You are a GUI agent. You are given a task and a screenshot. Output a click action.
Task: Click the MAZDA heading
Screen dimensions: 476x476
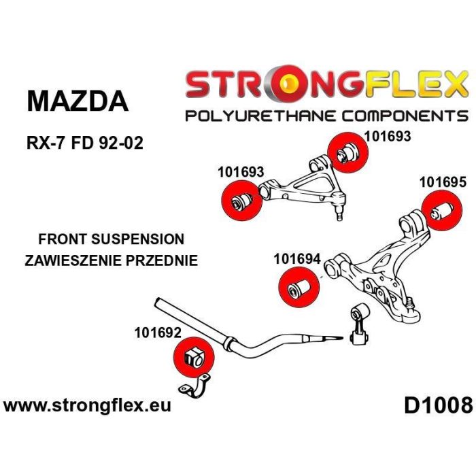(x=77, y=101)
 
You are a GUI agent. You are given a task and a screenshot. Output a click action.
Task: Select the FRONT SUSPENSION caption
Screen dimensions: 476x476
(x=112, y=239)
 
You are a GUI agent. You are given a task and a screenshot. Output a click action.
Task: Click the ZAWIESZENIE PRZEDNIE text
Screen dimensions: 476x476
(x=110, y=260)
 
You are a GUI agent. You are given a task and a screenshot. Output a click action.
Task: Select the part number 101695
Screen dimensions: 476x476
(x=443, y=182)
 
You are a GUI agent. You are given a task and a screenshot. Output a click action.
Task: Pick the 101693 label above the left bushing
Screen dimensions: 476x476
(x=241, y=173)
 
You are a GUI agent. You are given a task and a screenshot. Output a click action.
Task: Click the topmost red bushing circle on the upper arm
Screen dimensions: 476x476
(x=347, y=150)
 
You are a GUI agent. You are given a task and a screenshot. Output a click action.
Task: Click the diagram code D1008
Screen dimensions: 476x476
(x=437, y=406)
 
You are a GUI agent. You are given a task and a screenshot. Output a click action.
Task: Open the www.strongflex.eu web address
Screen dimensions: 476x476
(x=88, y=407)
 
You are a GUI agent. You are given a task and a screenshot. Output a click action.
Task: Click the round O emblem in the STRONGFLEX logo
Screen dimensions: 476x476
(x=291, y=83)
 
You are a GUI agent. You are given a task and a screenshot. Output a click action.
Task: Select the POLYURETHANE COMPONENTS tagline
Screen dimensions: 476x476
(x=327, y=115)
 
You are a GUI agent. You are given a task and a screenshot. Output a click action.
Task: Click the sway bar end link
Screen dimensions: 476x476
(x=358, y=324)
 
